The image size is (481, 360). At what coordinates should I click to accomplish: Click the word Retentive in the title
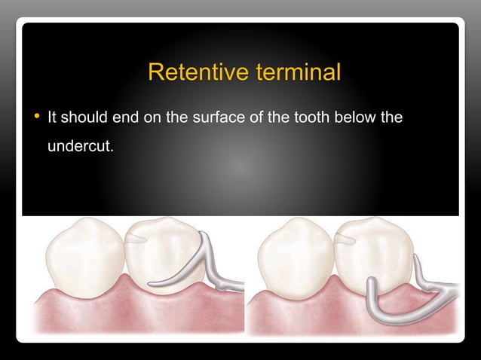(x=198, y=73)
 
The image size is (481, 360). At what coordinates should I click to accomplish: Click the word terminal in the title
(x=298, y=73)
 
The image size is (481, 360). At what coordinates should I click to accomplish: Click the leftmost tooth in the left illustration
(x=81, y=256)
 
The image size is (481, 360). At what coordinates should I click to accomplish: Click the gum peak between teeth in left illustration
(x=123, y=281)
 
